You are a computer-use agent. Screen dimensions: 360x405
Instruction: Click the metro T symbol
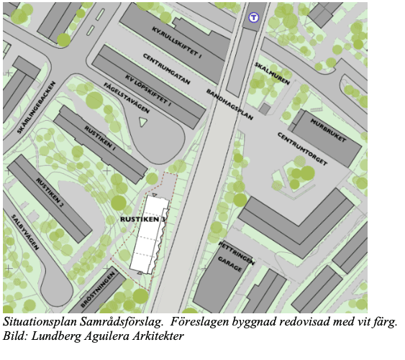click(x=252, y=18)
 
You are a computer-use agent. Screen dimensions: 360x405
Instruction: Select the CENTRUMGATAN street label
click(x=166, y=70)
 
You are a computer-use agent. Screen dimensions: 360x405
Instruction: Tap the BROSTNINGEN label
click(x=100, y=289)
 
